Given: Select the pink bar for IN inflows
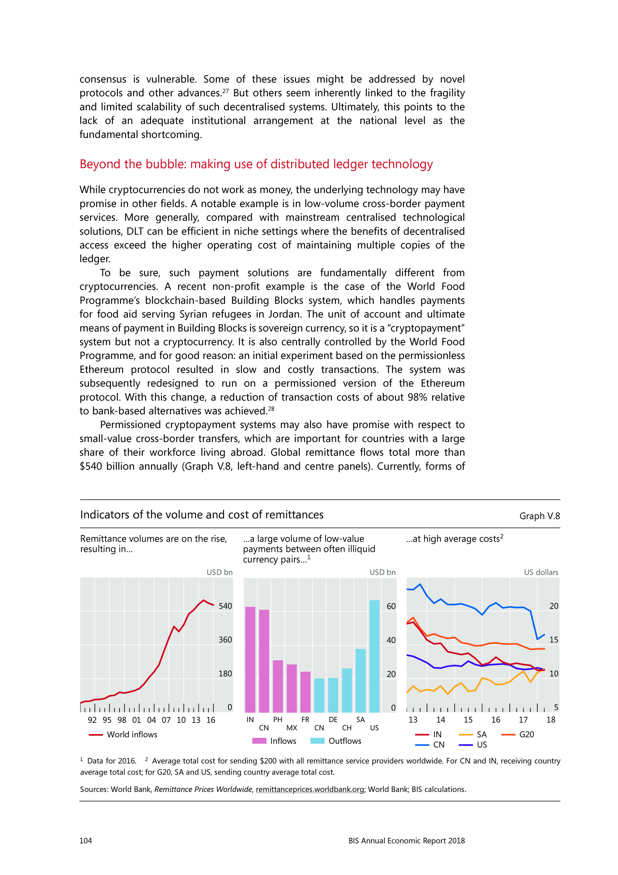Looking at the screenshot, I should click(250, 660).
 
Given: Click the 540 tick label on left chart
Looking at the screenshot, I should click(225, 606).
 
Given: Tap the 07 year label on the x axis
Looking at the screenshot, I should click(166, 720).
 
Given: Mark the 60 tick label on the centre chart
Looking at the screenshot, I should click(391, 606).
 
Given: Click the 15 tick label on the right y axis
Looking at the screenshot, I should click(554, 640).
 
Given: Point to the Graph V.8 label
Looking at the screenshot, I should click(540, 516).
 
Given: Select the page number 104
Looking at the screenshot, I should click(86, 841).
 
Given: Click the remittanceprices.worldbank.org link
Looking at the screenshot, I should click(310, 789).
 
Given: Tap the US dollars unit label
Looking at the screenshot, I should click(541, 572).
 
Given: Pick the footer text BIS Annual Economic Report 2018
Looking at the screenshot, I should click(406, 841).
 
